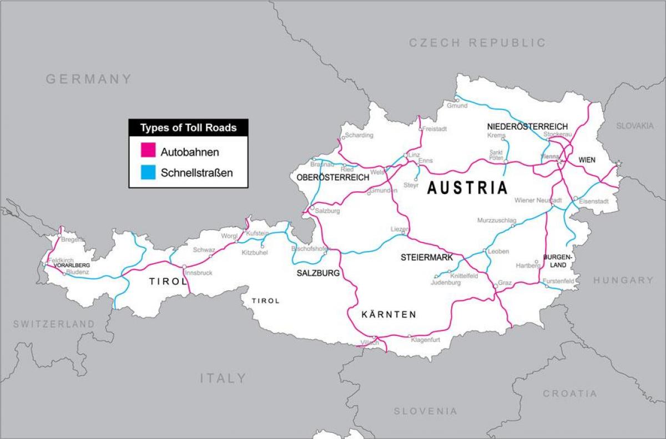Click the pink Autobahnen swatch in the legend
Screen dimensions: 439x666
(148, 151)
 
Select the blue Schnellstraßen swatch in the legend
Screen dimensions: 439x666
(148, 172)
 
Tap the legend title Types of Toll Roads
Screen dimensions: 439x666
(188, 128)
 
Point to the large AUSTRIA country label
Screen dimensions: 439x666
(467, 188)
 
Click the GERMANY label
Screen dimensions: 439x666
(89, 79)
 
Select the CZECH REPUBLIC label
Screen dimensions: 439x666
(477, 43)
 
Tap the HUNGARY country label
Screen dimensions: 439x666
(623, 280)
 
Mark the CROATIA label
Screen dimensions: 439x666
(570, 394)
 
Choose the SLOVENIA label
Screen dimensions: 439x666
(426, 411)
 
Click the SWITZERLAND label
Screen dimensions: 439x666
(54, 324)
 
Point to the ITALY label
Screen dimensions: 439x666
(223, 379)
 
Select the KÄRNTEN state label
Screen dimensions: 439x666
(389, 315)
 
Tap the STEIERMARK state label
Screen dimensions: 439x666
(427, 258)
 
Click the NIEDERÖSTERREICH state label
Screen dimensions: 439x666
(527, 127)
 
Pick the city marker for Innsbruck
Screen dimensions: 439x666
(184, 267)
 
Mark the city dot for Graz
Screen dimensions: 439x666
(495, 285)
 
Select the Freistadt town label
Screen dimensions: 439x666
(435, 129)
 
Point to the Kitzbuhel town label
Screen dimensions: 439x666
(255, 253)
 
